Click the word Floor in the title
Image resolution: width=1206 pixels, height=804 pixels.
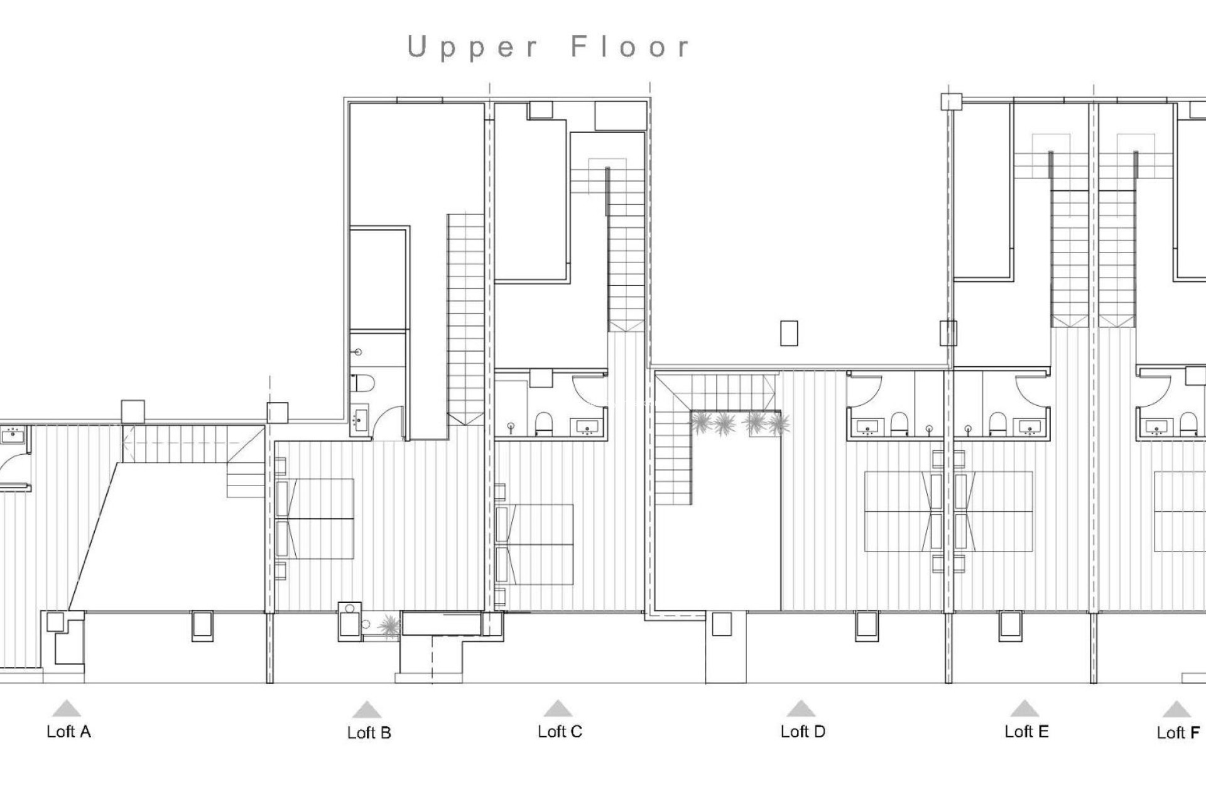[631, 48]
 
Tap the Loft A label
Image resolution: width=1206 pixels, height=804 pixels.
[68, 732]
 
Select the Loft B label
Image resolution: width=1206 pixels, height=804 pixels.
[369, 733]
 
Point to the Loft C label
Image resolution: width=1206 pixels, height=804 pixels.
[560, 732]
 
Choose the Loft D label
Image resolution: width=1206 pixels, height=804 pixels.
[802, 732]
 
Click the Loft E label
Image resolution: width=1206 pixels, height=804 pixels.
[1026, 732]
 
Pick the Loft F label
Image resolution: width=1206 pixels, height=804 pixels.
[1178, 733]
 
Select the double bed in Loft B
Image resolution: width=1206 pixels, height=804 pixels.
[316, 518]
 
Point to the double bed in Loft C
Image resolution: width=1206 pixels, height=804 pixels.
[536, 544]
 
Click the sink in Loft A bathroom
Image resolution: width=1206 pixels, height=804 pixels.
[13, 433]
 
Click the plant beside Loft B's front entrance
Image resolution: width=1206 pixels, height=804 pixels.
[390, 626]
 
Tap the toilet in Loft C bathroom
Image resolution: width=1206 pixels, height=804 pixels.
[543, 425]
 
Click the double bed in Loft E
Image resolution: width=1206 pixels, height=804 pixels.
[994, 512]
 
